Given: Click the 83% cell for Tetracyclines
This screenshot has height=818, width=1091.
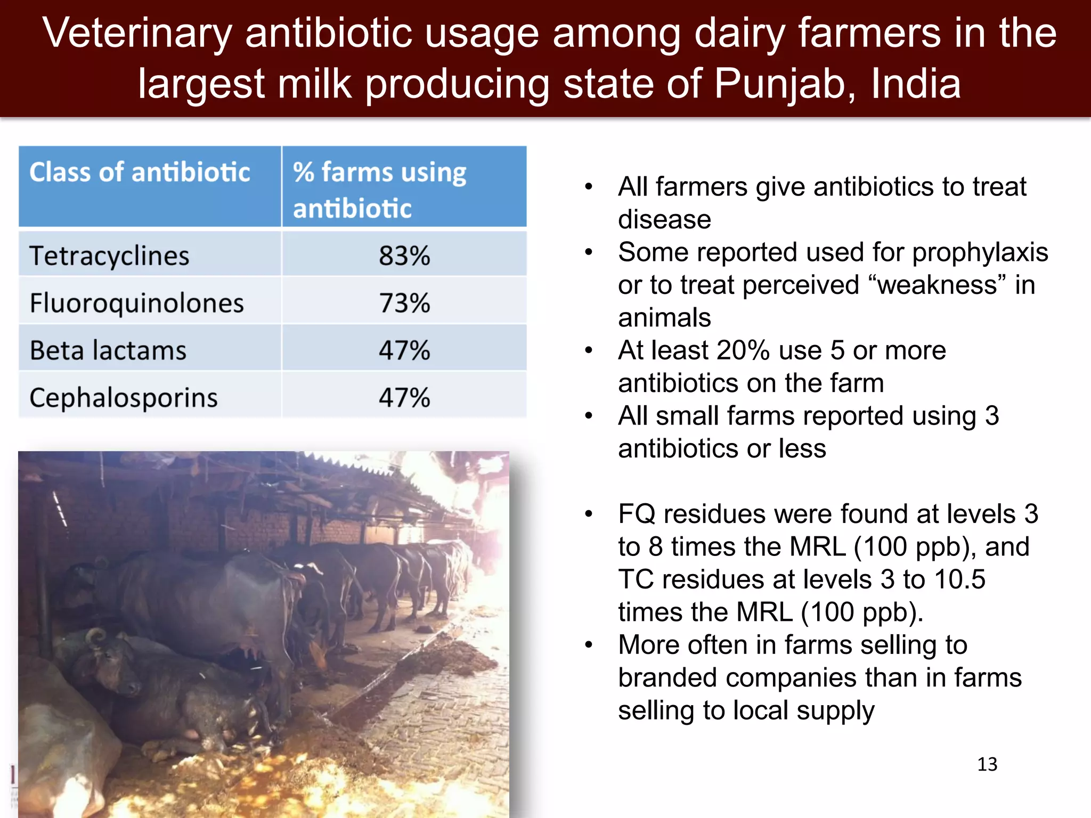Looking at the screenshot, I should (404, 256).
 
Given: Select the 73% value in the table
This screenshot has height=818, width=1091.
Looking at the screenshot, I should (404, 303).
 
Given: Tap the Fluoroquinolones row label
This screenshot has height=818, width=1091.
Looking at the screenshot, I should (136, 303).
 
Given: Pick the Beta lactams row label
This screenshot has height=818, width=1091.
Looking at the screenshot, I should (108, 350).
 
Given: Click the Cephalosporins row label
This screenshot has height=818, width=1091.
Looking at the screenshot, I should (124, 398).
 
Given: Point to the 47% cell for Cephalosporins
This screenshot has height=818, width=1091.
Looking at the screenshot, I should (404, 398).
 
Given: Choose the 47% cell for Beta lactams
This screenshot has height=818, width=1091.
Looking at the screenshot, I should (404, 350).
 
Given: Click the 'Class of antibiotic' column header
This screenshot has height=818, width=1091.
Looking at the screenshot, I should (140, 173).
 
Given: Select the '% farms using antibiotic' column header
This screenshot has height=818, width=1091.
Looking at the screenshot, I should (379, 190).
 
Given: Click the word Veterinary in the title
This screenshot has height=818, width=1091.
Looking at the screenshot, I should (137, 33).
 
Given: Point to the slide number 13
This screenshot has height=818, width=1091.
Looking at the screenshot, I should (987, 764).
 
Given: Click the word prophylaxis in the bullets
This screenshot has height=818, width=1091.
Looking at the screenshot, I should (980, 252).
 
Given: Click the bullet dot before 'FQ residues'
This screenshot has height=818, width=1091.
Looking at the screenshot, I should (589, 514).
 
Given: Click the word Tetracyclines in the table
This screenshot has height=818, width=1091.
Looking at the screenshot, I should (109, 256).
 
